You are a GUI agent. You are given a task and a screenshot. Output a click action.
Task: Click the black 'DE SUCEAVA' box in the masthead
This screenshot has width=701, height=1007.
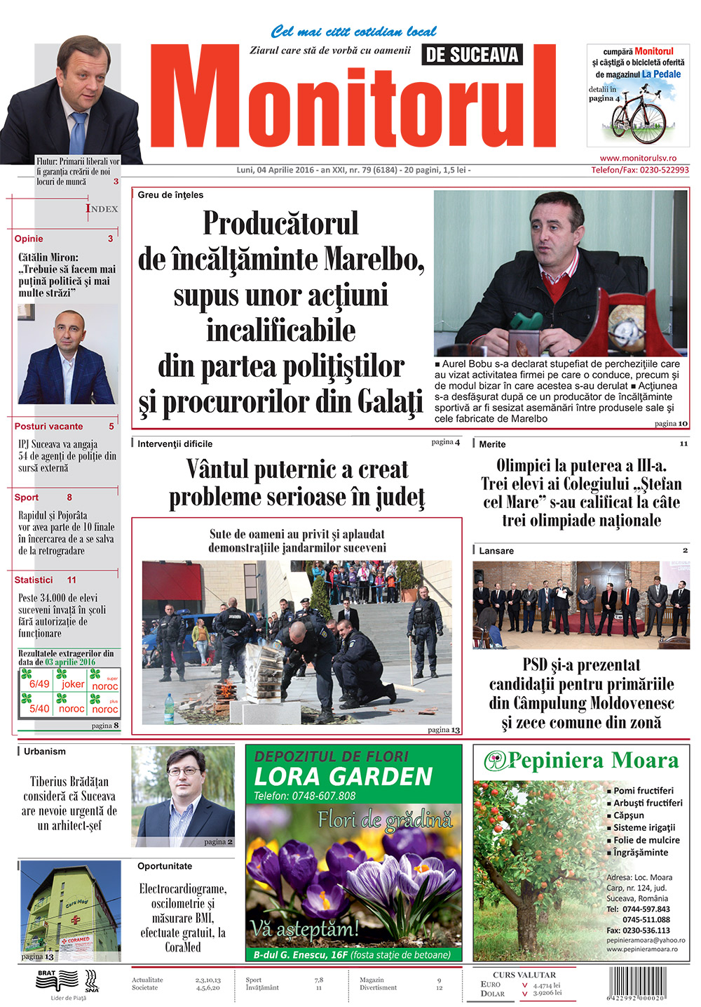pyautogui.click(x=472, y=55)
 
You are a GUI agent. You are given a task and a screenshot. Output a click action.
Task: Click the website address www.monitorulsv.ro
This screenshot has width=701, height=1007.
pyautogui.click(x=638, y=159)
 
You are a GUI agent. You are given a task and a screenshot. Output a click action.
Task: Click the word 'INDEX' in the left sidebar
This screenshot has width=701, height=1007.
pyautogui.click(x=102, y=208)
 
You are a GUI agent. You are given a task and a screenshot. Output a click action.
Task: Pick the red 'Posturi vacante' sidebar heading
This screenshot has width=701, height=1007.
pyautogui.click(x=48, y=426)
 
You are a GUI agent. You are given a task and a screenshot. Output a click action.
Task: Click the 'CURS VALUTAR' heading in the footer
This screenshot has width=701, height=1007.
pyautogui.click(x=524, y=975)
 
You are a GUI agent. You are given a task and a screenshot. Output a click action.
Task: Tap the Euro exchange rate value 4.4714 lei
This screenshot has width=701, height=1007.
pyautogui.click(x=547, y=985)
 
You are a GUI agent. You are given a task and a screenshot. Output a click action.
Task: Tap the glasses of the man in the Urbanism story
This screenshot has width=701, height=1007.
pyautogui.click(x=184, y=771)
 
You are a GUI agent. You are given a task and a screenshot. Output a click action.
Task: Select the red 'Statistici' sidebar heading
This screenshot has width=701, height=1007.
pyautogui.click(x=34, y=580)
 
